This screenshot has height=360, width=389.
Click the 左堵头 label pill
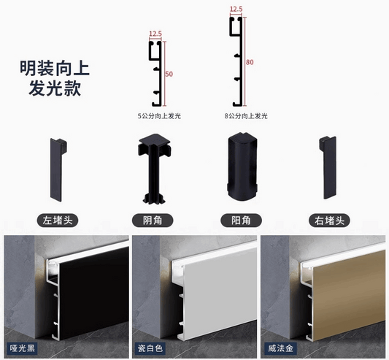[x=58, y=221]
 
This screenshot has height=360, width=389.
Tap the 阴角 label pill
[x=153, y=221]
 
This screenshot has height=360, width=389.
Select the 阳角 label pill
[x=241, y=221]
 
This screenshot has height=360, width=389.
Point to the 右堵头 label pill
[x=329, y=221]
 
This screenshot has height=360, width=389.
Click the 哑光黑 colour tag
[x=22, y=348]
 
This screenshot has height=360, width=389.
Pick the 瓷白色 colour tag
[x=150, y=348]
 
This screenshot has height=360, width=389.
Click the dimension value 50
[x=169, y=74]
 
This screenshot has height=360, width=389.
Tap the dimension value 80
[x=250, y=62]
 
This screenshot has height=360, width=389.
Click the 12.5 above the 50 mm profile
[x=155, y=34]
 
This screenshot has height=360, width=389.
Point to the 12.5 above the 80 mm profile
[x=236, y=9]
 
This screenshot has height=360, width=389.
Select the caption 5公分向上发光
[x=159, y=116]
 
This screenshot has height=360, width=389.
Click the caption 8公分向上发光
[x=246, y=116]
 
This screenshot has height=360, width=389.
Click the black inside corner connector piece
[x=154, y=169]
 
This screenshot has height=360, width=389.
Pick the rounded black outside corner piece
[x=242, y=166]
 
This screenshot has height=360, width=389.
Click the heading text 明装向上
[x=55, y=69]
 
